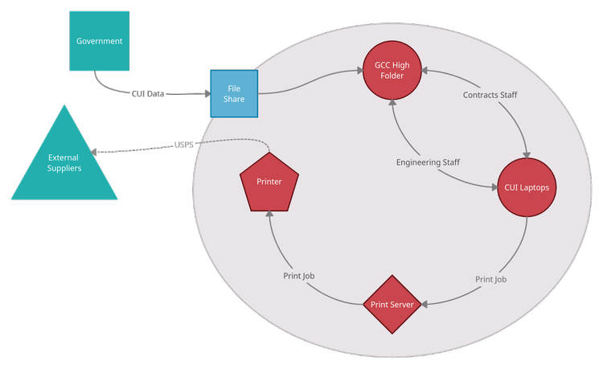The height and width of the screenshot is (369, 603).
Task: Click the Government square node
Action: pos(99,41)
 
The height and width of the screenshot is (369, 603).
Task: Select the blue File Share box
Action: pos(234,93)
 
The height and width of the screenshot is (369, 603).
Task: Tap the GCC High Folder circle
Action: pos(393,70)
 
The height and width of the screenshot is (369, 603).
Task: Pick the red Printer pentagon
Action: pos(269,182)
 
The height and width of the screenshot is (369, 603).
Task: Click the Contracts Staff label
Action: pos(490,95)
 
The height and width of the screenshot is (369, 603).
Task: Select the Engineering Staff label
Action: pos(428,162)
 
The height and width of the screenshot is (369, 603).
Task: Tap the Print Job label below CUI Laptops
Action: pos(490,279)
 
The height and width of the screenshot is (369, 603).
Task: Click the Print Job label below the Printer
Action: pos(298,276)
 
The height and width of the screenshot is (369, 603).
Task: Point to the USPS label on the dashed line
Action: pos(184,146)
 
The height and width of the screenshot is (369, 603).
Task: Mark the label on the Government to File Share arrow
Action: pos(148,95)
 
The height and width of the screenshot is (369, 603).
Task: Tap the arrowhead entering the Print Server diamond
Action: pos(425,304)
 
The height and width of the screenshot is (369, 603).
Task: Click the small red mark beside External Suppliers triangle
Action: pos(121,191)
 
